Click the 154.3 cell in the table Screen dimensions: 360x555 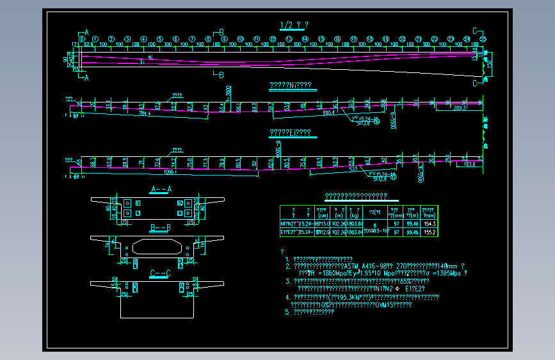click(429, 224)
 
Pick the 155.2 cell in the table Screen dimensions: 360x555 click(429, 232)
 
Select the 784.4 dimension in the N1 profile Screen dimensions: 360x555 click(145, 115)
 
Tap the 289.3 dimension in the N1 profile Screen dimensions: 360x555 click(460, 108)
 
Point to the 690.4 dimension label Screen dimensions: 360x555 click(330, 113)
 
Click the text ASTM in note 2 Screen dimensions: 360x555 click(353, 265)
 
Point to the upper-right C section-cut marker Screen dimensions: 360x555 click(475, 31)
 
